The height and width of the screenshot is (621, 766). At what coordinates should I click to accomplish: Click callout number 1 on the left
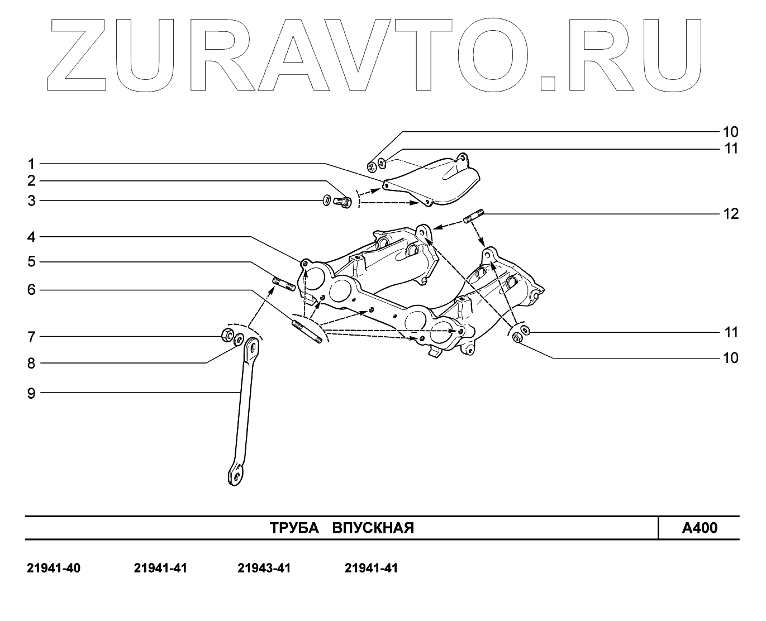[x=31, y=164]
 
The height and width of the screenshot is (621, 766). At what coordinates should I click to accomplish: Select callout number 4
[x=31, y=237]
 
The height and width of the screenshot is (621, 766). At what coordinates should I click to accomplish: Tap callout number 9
[x=31, y=393]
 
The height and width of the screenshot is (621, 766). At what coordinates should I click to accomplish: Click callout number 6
[x=31, y=290]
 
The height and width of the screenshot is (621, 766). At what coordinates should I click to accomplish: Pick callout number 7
[x=31, y=337]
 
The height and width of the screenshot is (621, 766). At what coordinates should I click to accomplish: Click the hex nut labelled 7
[x=227, y=335]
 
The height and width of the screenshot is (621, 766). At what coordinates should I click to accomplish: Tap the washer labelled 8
[x=239, y=338]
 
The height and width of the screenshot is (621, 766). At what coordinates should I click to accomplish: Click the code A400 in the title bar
[x=700, y=528]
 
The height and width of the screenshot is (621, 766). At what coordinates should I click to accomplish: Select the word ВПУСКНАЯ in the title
[x=373, y=528]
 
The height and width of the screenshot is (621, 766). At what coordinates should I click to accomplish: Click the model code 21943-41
[x=264, y=569]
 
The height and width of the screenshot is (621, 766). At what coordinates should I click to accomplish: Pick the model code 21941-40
[x=54, y=569]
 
